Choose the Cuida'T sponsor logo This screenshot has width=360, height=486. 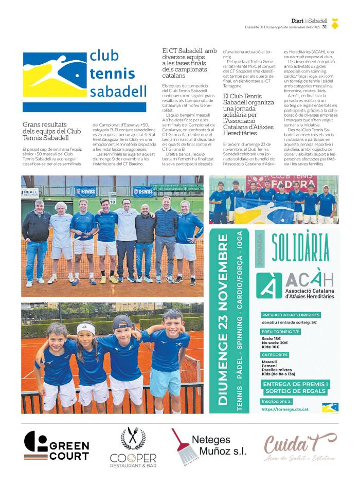pyautogui.click(x=300, y=445)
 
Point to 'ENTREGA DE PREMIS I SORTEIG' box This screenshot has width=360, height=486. pyautogui.click(x=295, y=387)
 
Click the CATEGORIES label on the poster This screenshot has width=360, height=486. pyautogui.click(x=275, y=355)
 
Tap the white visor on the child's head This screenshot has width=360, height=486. pyautogui.click(x=86, y=328)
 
